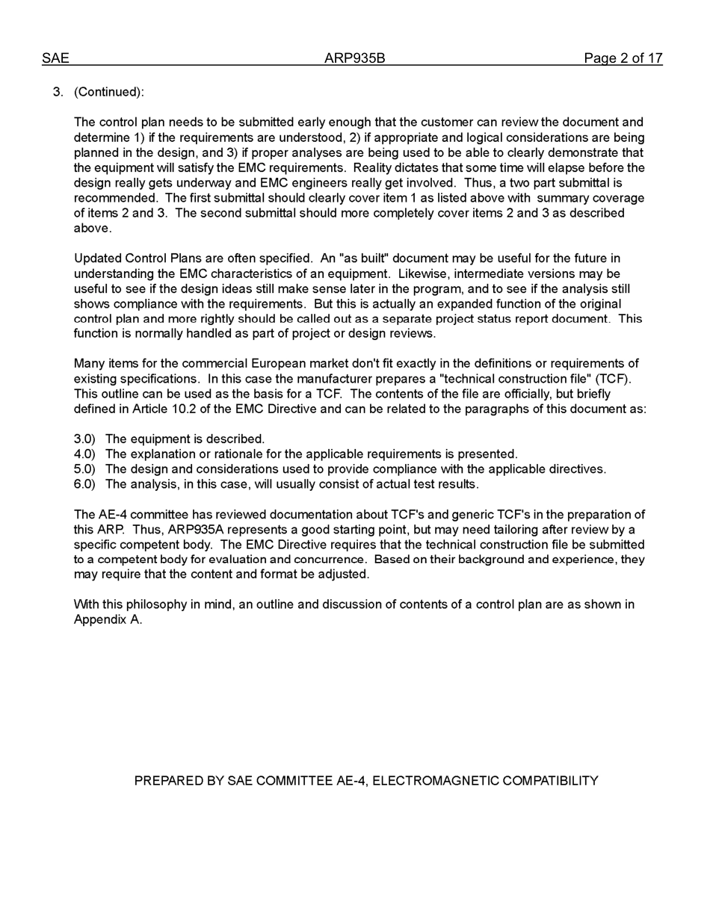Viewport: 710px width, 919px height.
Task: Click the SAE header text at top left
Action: pos(55,58)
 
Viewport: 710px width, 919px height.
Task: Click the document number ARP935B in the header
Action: pos(354,58)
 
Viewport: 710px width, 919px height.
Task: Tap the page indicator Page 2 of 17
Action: pos(623,58)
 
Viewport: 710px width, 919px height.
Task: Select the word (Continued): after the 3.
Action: pos(109,92)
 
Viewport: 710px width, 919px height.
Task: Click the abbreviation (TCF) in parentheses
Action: pos(613,379)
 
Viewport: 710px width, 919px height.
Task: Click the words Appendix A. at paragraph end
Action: pos(108,619)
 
